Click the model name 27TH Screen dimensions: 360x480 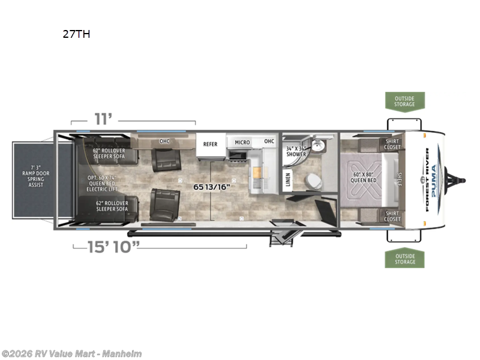[76, 34]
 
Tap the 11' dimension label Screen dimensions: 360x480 [103, 119]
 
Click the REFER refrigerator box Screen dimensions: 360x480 [210, 144]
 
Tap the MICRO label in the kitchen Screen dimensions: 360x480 [242, 142]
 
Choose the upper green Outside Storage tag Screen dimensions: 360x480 [404, 101]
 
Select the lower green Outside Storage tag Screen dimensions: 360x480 [404, 259]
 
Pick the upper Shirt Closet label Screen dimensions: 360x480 [392, 144]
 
